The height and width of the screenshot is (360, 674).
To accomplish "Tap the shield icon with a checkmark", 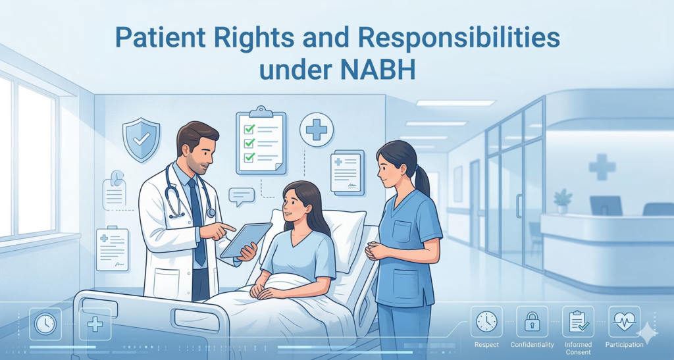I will [141, 140].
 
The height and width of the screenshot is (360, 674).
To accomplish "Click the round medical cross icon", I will [316, 129].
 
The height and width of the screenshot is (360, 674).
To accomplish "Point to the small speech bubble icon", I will [241, 195].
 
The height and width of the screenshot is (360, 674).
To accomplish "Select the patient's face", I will [294, 202].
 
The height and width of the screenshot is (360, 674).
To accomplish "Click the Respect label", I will [486, 345].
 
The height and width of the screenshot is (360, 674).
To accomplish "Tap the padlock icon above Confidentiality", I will [532, 322].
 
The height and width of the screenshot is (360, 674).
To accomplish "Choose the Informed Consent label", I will [578, 348].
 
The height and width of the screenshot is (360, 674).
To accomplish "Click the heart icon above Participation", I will [624, 322].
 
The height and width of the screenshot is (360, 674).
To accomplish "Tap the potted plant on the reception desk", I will [563, 200].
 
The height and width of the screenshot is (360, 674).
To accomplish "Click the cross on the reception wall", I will [602, 167].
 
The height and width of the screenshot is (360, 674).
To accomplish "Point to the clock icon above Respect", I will [486, 322].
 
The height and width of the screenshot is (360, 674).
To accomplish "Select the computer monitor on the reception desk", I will [606, 206].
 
